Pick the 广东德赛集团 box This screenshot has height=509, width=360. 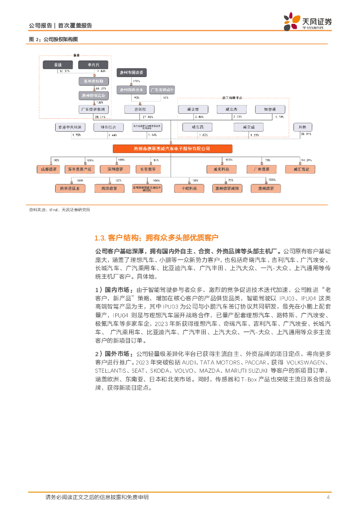(93, 109)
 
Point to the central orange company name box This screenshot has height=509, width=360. (172, 148)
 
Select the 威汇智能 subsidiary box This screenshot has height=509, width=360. (300, 170)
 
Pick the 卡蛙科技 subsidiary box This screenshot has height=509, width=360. (188, 188)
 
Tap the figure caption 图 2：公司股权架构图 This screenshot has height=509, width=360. (53, 39)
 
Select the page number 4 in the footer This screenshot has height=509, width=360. (328, 497)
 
